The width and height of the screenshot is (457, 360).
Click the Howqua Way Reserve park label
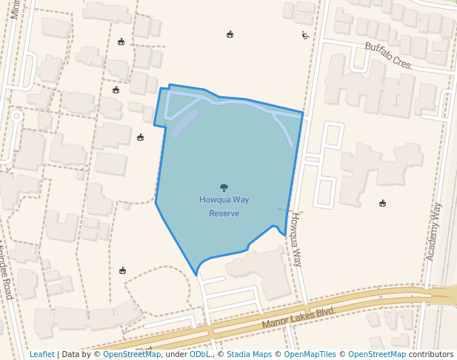224,206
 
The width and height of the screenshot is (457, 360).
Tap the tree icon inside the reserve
224,187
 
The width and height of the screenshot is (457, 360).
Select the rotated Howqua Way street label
296,239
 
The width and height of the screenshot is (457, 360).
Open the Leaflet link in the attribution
41,354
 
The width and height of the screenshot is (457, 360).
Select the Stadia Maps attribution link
249,354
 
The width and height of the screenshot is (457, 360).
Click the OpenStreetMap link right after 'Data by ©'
132,354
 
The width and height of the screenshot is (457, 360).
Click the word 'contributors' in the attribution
430,354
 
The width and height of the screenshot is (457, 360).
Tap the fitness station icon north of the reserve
304,35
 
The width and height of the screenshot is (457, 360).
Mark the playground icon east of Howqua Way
382,203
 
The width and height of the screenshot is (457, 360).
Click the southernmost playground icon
123,271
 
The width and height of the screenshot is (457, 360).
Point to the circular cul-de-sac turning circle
16,116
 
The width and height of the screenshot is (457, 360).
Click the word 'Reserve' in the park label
224,213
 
